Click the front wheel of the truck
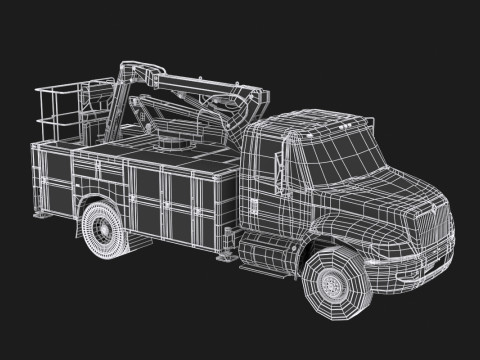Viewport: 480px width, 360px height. pos(335,281)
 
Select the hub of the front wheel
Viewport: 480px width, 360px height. pos(333,284)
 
